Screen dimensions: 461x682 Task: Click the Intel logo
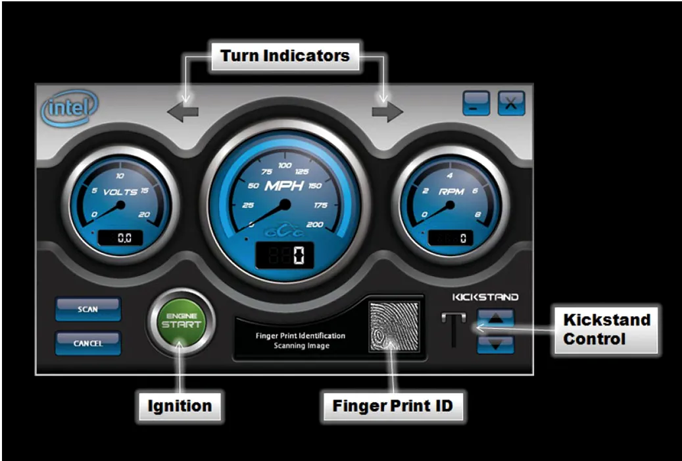(x=68, y=109)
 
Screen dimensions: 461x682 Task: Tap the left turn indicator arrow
(x=183, y=111)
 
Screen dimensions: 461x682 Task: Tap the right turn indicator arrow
(x=387, y=111)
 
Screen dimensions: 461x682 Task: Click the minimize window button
(x=475, y=103)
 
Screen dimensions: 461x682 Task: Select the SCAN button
(x=88, y=309)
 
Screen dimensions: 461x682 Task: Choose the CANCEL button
(x=88, y=343)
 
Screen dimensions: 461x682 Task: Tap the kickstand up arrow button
(x=495, y=318)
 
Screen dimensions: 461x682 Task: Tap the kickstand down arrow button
(x=495, y=344)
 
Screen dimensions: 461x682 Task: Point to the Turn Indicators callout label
(x=285, y=56)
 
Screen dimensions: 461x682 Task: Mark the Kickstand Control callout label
(x=606, y=329)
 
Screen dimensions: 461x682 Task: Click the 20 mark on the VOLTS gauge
(x=145, y=214)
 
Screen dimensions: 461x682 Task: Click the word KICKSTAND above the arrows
(x=485, y=298)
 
